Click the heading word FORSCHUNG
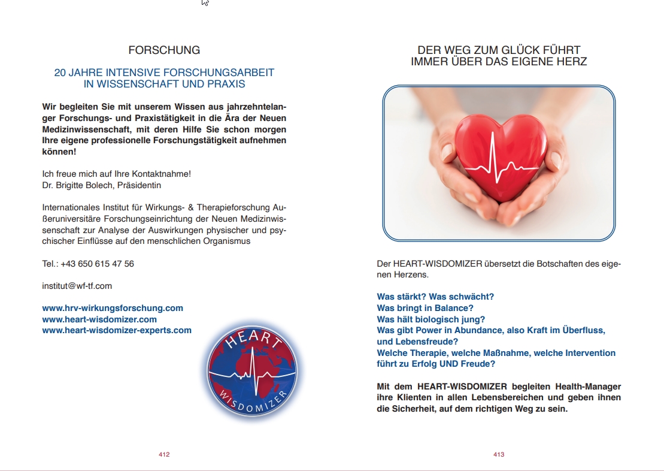(164, 50)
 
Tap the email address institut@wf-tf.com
(77, 286)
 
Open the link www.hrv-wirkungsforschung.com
(113, 308)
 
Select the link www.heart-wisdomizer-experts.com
(117, 330)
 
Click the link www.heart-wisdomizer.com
(99, 319)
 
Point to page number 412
(164, 455)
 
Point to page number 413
(499, 455)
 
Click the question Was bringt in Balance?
(425, 308)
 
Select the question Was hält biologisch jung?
(430, 319)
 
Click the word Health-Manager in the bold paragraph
(589, 387)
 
